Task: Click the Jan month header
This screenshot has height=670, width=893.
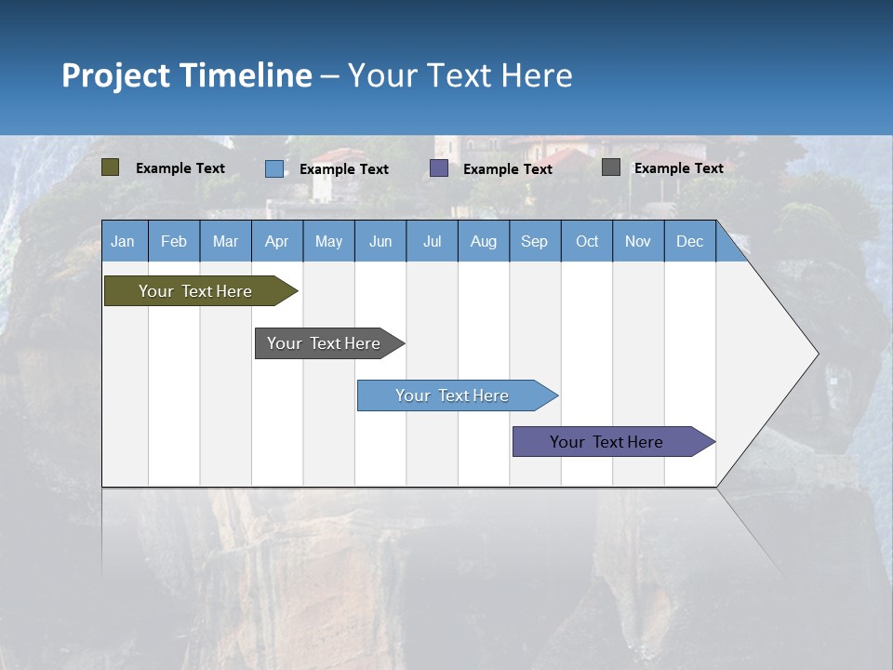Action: pyautogui.click(x=124, y=241)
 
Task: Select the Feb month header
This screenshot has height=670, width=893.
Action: pyautogui.click(x=174, y=241)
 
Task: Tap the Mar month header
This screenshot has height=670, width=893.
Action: pyautogui.click(x=225, y=241)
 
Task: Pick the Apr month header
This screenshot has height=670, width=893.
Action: pyautogui.click(x=276, y=241)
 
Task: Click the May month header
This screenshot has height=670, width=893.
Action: pyautogui.click(x=328, y=241)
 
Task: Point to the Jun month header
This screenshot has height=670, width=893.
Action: pyautogui.click(x=380, y=241)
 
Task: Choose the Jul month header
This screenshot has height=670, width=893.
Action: pyautogui.click(x=432, y=241)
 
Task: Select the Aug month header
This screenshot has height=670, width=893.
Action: pyautogui.click(x=483, y=241)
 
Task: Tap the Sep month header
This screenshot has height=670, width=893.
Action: pyautogui.click(x=534, y=241)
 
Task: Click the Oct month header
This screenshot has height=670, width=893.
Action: pyautogui.click(x=587, y=241)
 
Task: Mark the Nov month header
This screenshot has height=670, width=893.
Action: pyautogui.click(x=638, y=241)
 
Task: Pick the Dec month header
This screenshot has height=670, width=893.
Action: pyautogui.click(x=689, y=241)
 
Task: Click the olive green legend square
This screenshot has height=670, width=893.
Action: pyautogui.click(x=111, y=167)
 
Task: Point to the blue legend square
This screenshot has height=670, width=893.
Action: pyautogui.click(x=274, y=168)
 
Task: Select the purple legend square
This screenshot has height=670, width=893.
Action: pyautogui.click(x=439, y=168)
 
